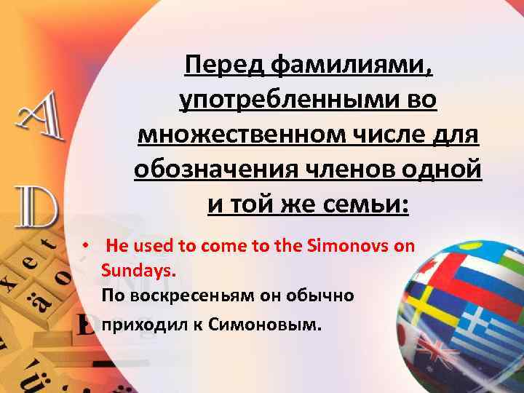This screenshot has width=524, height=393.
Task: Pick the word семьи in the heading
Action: [364, 202]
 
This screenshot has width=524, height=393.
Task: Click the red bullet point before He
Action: [86, 245]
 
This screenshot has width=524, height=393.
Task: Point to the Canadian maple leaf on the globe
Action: [437, 271]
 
